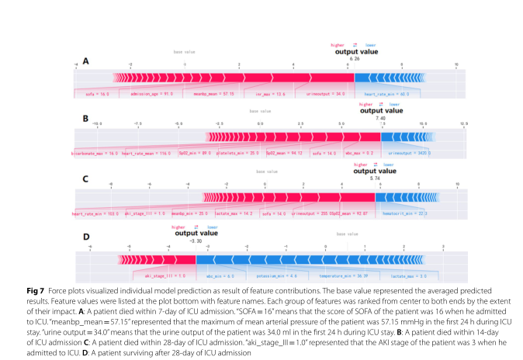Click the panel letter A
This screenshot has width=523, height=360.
[86, 61]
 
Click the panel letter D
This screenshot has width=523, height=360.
[86, 236]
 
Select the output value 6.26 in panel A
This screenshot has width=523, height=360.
[355, 59]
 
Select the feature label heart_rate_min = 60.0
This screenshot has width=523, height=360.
[385, 93]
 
